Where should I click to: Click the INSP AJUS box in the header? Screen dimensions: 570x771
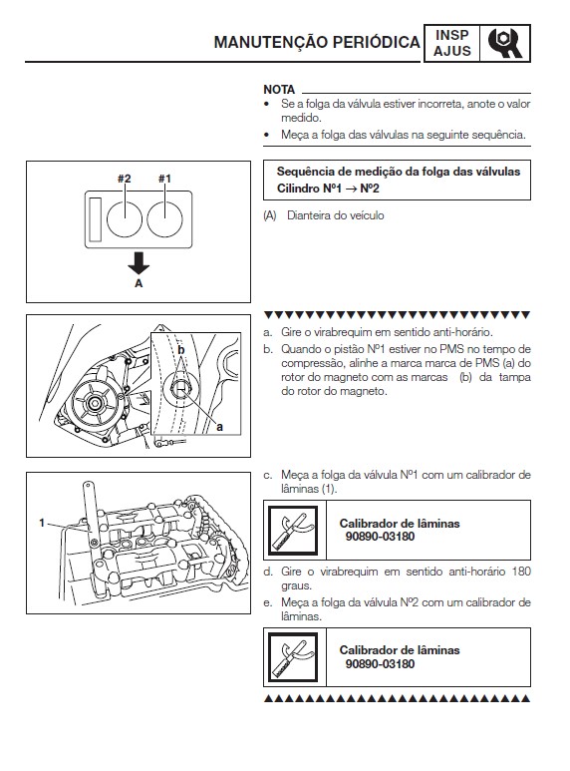451,41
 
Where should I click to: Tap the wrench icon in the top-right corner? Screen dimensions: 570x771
506,41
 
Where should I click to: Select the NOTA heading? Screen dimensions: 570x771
280,89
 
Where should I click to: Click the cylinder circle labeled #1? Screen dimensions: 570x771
165,215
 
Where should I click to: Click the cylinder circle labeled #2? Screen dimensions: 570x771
125,215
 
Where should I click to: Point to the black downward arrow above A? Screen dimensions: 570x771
139,263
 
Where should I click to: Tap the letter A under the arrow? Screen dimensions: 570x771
139,283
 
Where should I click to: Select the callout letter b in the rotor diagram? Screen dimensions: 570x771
181,350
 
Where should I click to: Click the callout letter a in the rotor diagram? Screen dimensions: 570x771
220,426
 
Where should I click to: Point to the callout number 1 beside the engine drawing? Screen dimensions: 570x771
42,522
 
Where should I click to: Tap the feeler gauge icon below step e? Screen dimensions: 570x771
291,657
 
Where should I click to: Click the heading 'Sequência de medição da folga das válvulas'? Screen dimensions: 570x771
398,171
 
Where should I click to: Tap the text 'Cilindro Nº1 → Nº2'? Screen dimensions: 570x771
328,188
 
